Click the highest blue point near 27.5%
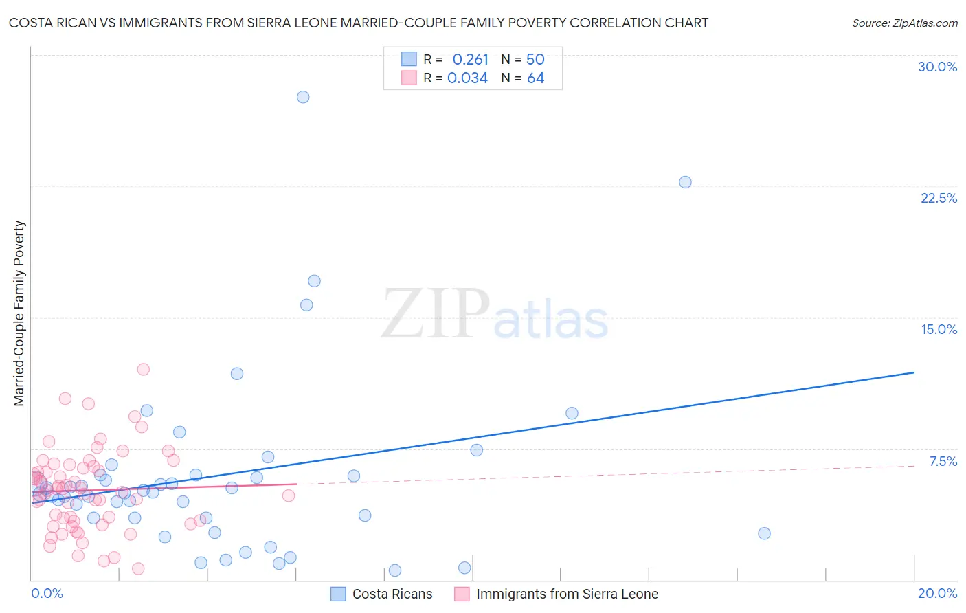tap(303, 97)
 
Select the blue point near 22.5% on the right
tap(685, 182)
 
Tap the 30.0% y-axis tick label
tap(937, 67)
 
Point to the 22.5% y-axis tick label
tap(939, 198)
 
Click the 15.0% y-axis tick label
tap(939, 329)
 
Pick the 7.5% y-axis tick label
tap(943, 461)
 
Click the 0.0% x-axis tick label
tap(47, 593)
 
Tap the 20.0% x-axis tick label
tap(937, 593)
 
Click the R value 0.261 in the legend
tap(470, 60)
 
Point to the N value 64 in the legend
tap(535, 78)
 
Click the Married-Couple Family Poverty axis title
tap(19, 313)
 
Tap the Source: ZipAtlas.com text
tap(904, 23)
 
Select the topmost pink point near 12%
tap(143, 369)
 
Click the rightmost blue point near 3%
tap(764, 533)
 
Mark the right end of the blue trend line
tap(914, 372)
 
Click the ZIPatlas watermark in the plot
tap(495, 314)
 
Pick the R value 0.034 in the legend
tap(467, 78)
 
